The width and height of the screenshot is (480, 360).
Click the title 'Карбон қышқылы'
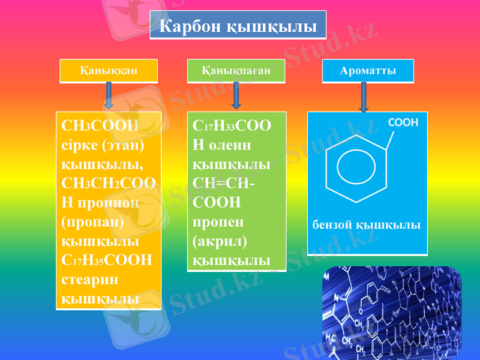238,26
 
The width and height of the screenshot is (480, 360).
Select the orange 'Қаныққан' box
108,70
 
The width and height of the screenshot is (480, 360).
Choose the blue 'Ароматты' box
368,70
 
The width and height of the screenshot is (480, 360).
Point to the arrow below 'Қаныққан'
109,95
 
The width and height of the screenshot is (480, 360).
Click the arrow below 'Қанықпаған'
236,95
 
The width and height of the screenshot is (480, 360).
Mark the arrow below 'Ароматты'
364,96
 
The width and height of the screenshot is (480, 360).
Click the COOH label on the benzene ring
403,122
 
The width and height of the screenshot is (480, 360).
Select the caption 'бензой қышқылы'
366,225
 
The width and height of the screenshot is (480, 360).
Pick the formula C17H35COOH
107,260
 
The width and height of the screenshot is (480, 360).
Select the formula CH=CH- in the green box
223,183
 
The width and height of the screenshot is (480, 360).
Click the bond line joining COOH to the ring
388,139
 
